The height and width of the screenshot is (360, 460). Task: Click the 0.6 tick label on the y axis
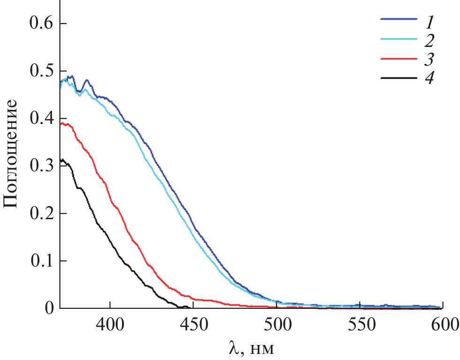point(41,23)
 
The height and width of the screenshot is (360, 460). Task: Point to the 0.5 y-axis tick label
point(41,71)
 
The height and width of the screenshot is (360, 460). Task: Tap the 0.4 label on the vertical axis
point(41,119)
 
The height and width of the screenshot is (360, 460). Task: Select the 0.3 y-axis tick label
point(41,166)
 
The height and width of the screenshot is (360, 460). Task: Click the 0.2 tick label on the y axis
point(41,214)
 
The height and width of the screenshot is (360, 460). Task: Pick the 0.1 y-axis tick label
point(41,260)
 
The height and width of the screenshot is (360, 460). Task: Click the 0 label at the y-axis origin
point(49,308)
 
